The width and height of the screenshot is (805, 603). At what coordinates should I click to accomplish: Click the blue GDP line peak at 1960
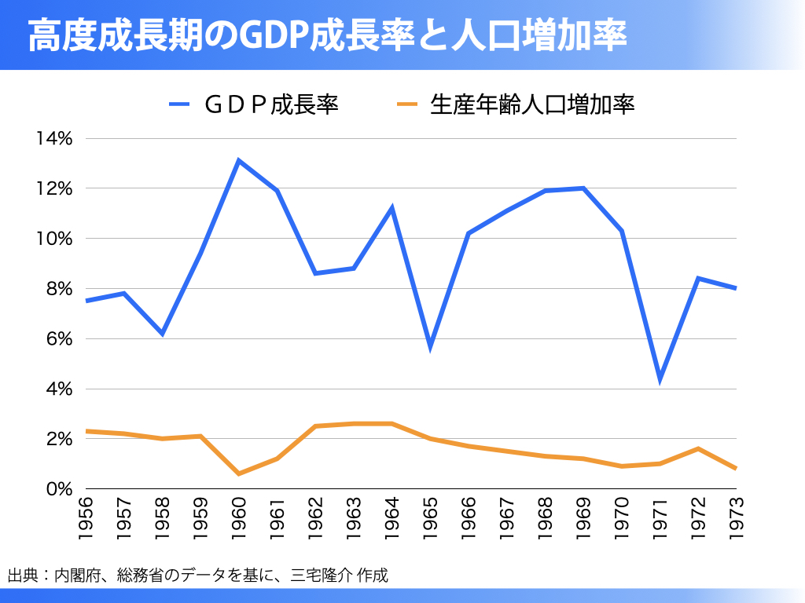pyautogui.click(x=238, y=161)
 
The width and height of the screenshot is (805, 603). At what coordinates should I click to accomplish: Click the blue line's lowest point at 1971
pyautogui.click(x=660, y=379)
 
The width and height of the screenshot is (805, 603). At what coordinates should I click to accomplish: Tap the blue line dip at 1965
pyautogui.click(x=430, y=346)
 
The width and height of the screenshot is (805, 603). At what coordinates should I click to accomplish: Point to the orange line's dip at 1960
pyautogui.click(x=238, y=473)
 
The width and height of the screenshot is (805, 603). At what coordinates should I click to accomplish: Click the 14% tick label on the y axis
pyautogui.click(x=53, y=139)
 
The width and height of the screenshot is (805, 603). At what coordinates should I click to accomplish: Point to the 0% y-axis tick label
pyautogui.click(x=58, y=489)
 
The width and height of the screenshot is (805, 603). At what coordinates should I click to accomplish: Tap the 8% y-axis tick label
pyautogui.click(x=58, y=289)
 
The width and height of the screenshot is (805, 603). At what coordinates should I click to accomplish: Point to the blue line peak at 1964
pyautogui.click(x=391, y=208)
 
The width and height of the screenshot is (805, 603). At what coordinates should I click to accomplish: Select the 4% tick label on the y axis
pyautogui.click(x=58, y=389)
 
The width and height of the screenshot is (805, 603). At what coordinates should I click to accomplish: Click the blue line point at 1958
pyautogui.click(x=162, y=334)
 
